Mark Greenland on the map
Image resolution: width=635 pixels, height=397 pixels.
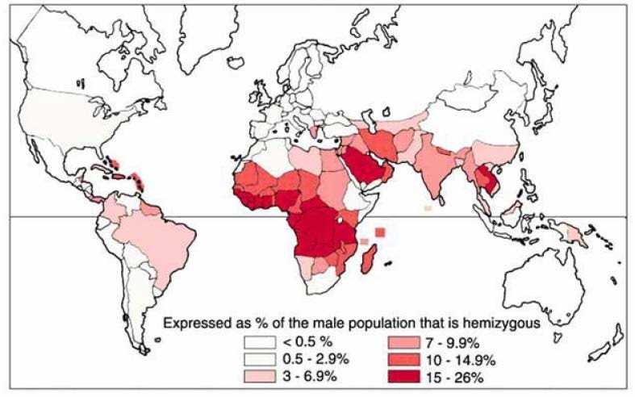[x=242, y=32]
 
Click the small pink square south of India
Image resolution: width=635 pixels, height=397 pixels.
[x=428, y=208]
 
